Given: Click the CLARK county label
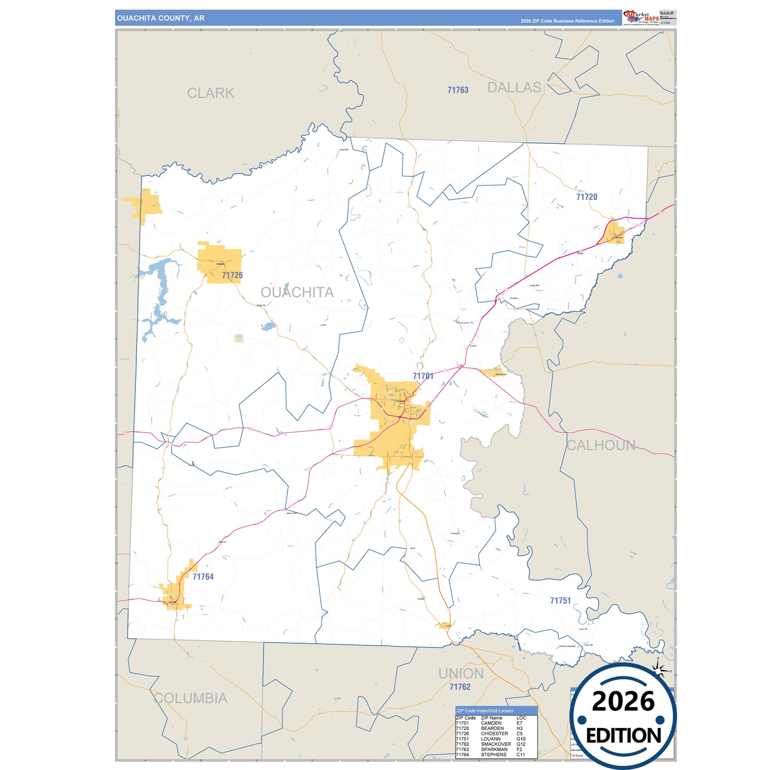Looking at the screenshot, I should pos(210,93).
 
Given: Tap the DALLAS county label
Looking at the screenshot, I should pos(514,88).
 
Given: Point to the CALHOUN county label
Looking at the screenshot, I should pos(601,445).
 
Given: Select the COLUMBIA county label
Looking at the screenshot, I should pos(190,698).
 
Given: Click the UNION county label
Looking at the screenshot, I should pos(461,674).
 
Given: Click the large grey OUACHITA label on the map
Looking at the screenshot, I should pos(297,292).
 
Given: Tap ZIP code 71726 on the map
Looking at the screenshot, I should pos(232,275).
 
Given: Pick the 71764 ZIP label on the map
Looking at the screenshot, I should pos(203,577).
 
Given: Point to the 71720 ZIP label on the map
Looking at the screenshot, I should pos(587,197).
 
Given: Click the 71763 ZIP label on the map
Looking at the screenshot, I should pos(458,90).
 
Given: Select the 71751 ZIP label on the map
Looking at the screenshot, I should pos(560,601).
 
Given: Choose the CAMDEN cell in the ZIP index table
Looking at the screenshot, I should pos(491,723).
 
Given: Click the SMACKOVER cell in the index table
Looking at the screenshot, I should pos(496,744).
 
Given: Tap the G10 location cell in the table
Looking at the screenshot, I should pos(521,739).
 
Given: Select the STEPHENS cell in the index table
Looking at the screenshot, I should pos(493,755).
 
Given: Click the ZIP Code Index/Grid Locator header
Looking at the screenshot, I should pos(485,711).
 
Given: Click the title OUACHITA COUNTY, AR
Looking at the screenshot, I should pos(160,18).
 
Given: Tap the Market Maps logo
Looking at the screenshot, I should pos(641,18).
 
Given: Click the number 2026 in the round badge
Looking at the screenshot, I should pos(623,701).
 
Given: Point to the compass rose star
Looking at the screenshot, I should pos(659,671).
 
